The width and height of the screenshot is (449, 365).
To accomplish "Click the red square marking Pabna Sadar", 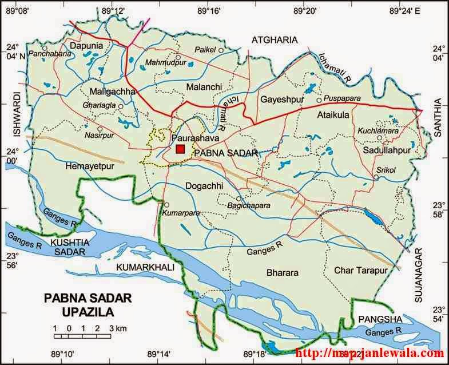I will [180, 149].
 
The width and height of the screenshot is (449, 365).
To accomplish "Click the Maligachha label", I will [113, 92].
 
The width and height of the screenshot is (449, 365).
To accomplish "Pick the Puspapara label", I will [341, 98].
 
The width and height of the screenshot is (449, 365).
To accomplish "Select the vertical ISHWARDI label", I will [16, 115].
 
